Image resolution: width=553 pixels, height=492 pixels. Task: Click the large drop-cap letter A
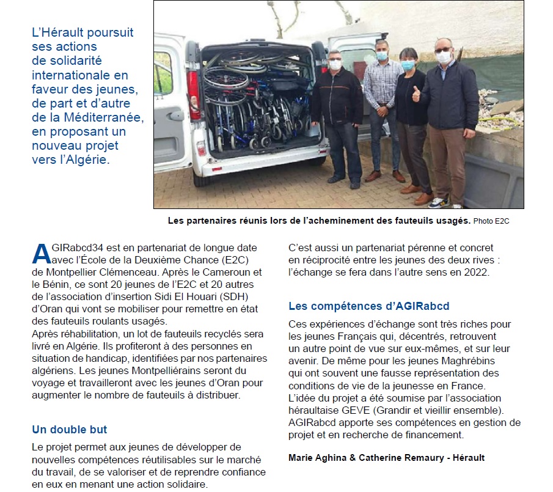(x=40, y=253)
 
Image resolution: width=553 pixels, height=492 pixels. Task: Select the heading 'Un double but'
(x=69, y=430)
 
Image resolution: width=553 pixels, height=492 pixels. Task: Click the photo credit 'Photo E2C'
(x=491, y=221)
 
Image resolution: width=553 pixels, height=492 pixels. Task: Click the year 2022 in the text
(x=477, y=272)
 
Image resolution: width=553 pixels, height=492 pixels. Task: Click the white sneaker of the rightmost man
(x=438, y=202)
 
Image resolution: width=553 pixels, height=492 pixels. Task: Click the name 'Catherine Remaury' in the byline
(x=400, y=457)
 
